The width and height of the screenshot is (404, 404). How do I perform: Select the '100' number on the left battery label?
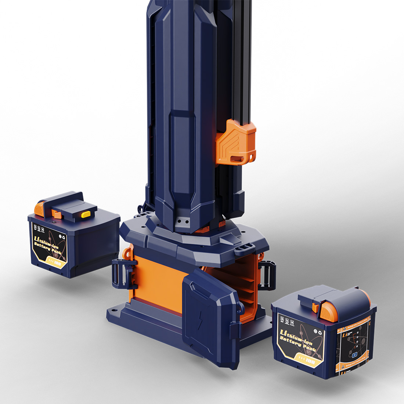57,263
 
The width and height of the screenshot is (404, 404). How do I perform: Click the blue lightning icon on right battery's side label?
354,355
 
